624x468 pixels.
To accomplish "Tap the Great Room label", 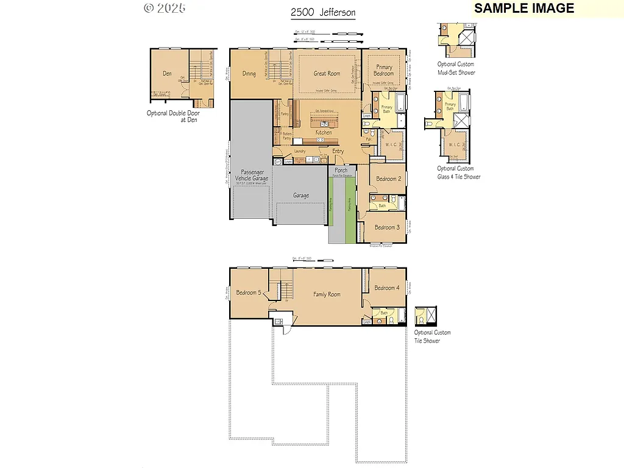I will pos(327,74).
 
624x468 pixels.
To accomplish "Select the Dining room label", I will pos(249,74).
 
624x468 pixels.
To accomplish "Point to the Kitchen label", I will pos(324,132).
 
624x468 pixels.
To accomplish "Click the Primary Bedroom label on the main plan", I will pos(384,70).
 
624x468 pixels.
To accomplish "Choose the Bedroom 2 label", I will pos(388,179).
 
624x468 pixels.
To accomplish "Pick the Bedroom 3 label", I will pos(387,227).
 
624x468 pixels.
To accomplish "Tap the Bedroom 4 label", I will pos(387,288).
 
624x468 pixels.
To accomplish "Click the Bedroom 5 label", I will pos(249,292).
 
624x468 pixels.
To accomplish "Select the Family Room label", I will pos(327,294).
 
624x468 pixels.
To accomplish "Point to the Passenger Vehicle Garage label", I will pos(252,175).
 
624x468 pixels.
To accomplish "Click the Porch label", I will pos(341,170).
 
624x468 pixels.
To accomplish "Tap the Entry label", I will pos(338,151).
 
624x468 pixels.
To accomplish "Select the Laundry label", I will pos(299,151).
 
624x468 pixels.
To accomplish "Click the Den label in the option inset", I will pos(167,74).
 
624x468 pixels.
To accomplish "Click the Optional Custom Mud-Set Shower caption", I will pos(456,68).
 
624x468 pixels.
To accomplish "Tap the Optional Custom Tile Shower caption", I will pos(433,336).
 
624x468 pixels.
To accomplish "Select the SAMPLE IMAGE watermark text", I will pos(524,8).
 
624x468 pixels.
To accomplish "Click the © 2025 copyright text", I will pos(165,8).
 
